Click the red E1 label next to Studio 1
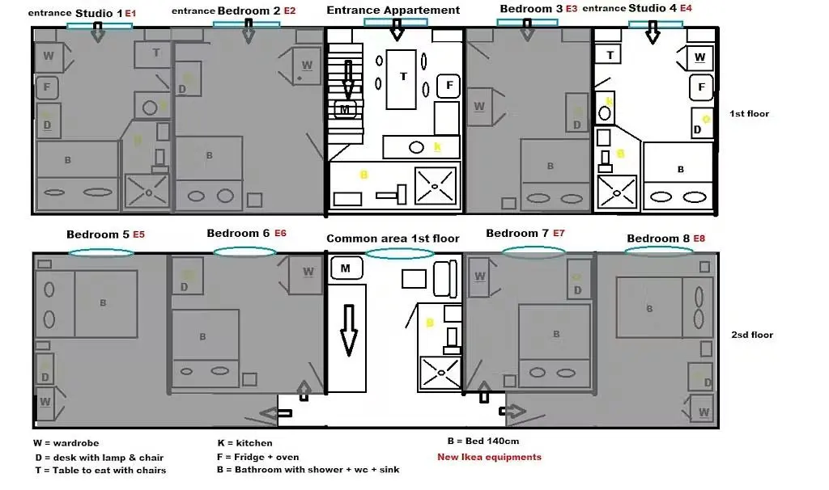click(x=130, y=14)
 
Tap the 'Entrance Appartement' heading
click(x=393, y=11)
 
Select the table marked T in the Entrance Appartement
click(x=403, y=78)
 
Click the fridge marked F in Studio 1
click(x=48, y=87)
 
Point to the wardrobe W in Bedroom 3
click(x=479, y=107)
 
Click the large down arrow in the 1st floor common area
click(x=349, y=329)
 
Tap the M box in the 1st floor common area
click(x=346, y=268)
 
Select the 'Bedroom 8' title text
click(x=658, y=239)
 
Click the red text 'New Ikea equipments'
click(x=489, y=457)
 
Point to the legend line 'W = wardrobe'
click(x=66, y=443)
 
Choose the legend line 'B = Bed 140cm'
click(x=483, y=441)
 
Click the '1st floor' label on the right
click(x=749, y=114)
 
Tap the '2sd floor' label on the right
click(x=752, y=335)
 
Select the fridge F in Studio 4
click(x=701, y=87)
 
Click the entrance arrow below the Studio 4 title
click(x=653, y=36)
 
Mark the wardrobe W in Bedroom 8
click(x=703, y=411)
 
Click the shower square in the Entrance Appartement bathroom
click(x=436, y=185)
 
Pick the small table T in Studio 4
click(x=610, y=55)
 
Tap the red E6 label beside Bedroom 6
click(x=280, y=233)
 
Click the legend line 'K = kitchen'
click(x=244, y=443)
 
